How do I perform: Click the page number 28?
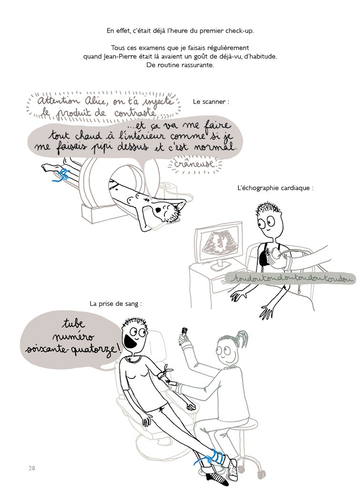coord(31,468)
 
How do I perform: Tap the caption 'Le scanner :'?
coord(211,101)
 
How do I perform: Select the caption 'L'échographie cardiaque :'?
coord(275,188)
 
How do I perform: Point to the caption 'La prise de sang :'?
coord(116,303)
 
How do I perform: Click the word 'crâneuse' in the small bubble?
coord(195,163)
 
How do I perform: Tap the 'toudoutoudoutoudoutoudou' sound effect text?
coord(290,279)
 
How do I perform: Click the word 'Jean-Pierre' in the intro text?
coord(119,57)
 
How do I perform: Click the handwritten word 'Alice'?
coord(96,101)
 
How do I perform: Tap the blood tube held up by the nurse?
coord(184,332)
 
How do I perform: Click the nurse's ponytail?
coord(241,338)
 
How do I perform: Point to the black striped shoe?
coord(218,478)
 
